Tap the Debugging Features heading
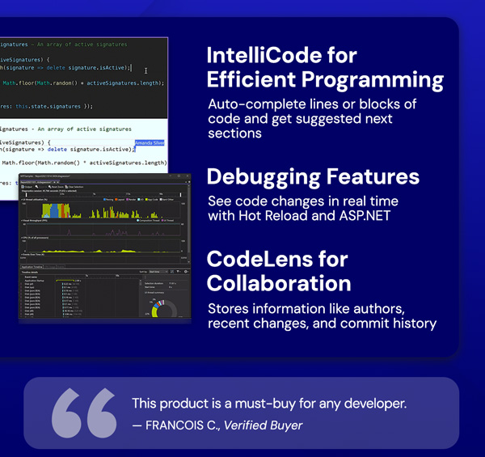point(313,177)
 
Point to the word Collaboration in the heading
point(279,283)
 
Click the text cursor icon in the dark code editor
point(145,70)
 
